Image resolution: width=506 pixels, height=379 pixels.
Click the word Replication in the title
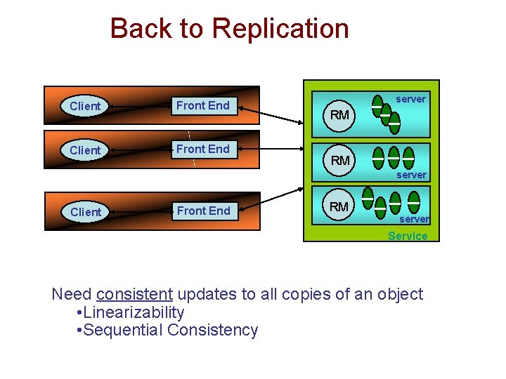[280, 29]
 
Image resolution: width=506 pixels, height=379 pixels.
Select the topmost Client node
[85, 106]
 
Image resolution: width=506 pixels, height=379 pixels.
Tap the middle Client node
[85, 150]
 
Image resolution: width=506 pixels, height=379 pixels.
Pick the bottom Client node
[86, 212]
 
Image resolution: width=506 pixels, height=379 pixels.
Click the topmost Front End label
[202, 105]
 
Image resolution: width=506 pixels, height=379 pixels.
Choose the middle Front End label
[202, 149]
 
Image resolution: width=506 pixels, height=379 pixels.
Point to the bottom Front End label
[203, 211]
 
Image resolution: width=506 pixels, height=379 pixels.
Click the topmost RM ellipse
[339, 114]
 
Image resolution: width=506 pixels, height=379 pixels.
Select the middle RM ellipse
[340, 161]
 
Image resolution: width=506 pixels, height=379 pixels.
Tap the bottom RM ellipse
[339, 206]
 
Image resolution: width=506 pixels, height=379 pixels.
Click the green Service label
[408, 236]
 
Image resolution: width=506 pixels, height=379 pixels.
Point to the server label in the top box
[410, 99]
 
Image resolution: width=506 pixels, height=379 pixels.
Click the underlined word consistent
[134, 294]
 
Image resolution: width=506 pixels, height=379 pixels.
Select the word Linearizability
[134, 312]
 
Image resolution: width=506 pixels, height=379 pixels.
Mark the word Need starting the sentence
[72, 294]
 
